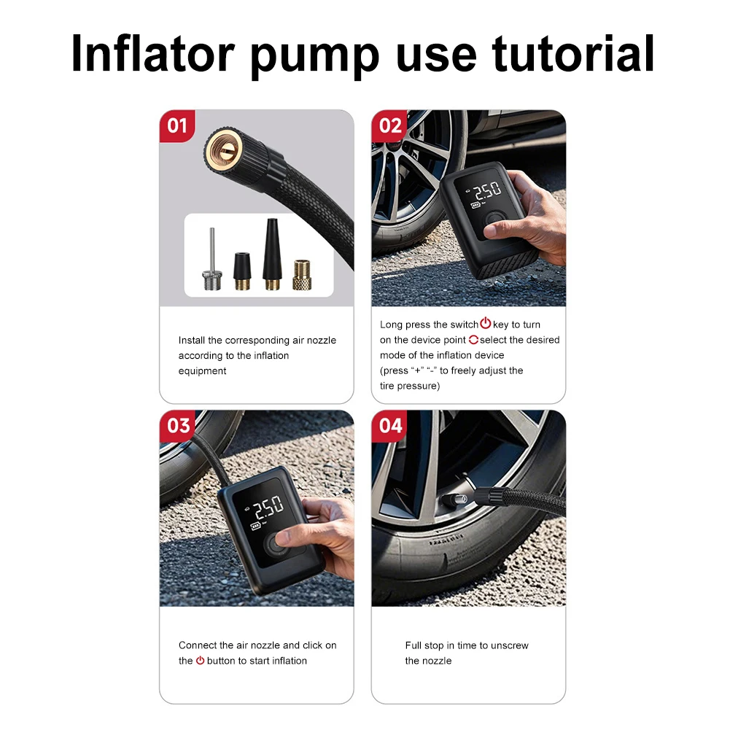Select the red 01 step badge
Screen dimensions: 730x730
click(177, 125)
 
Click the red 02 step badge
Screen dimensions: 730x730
click(390, 125)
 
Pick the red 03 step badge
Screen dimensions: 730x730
click(178, 425)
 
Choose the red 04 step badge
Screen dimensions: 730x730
click(390, 425)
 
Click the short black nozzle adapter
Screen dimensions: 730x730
click(241, 270)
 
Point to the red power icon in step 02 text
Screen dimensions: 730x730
click(485, 324)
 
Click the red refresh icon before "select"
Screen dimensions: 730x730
click(473, 340)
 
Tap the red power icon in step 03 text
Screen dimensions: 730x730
click(200, 661)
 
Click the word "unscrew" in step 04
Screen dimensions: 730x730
click(510, 645)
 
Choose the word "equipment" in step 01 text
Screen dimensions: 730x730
click(202, 371)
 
